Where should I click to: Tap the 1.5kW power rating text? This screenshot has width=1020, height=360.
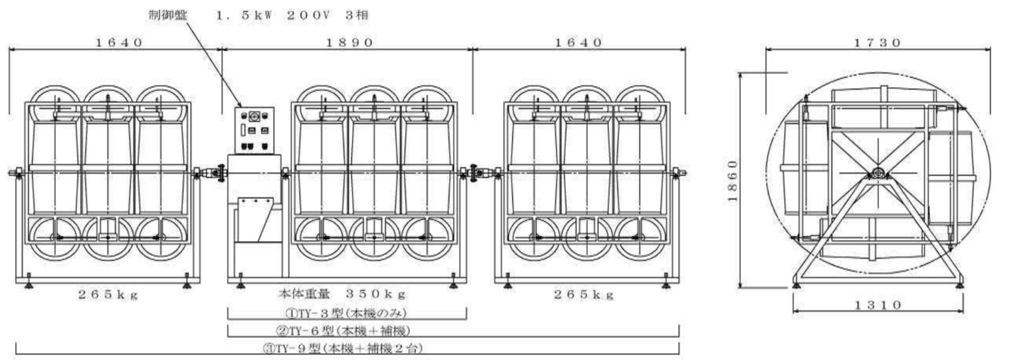point(248,13)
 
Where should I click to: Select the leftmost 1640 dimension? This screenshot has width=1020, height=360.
point(119,42)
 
